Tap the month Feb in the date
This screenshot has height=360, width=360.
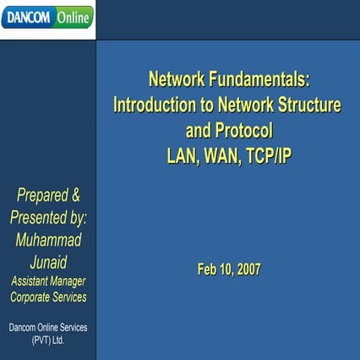[x=208, y=270]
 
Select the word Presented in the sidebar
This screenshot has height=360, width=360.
[x=42, y=217]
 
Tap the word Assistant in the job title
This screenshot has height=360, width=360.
[x=31, y=281]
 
